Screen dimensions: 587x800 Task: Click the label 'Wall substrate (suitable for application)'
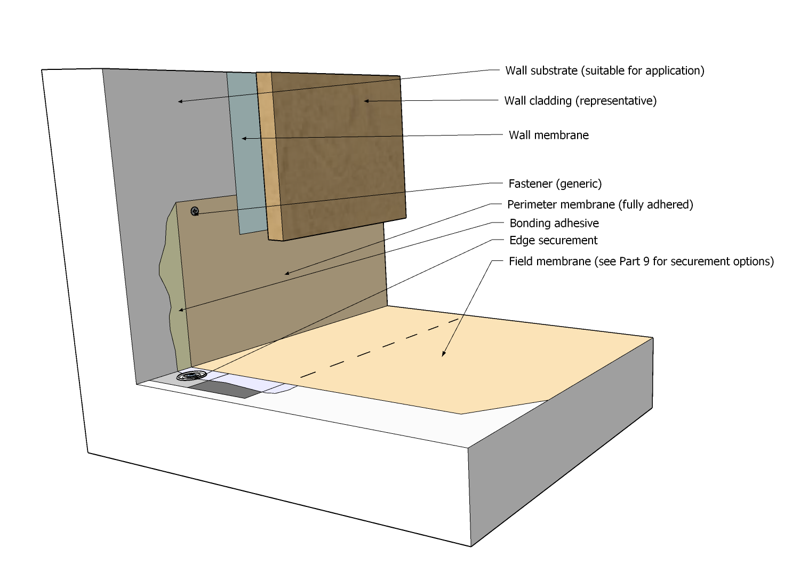point(604,70)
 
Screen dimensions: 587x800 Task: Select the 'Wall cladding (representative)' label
point(580,101)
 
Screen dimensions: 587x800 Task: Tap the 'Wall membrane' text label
point(548,135)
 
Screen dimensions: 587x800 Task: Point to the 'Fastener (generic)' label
point(555,184)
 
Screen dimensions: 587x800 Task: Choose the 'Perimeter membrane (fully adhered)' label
point(600,204)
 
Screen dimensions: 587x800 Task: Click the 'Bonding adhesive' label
point(554,223)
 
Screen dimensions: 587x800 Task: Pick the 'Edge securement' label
point(553,240)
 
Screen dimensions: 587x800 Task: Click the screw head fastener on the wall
point(195,211)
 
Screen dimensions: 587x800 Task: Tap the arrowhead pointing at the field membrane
point(443,354)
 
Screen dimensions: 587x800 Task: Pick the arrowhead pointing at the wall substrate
point(180,101)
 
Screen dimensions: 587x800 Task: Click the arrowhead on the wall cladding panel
point(366,101)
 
